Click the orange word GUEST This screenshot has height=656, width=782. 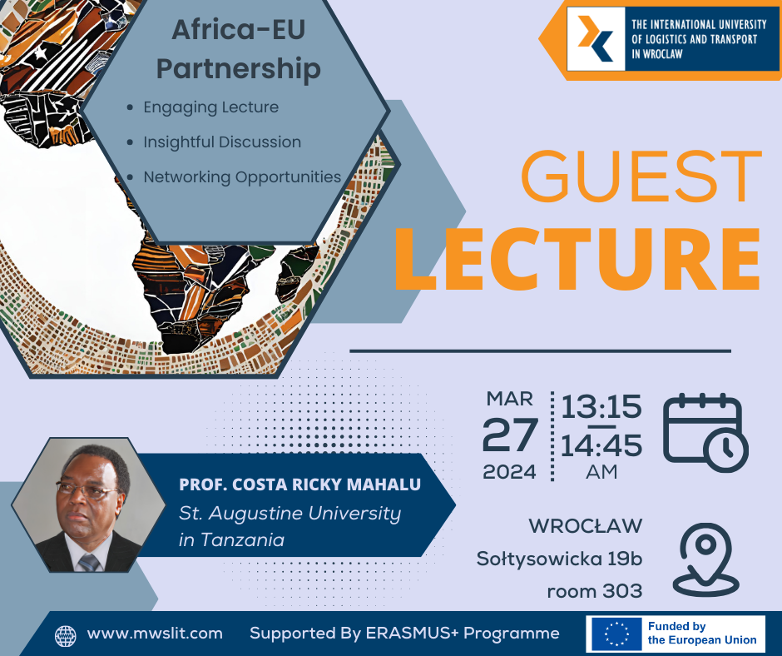pos(641,176)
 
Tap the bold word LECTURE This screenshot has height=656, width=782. pos(577,259)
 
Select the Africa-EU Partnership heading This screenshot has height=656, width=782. pos(239,49)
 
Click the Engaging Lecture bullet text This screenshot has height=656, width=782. pos(211,107)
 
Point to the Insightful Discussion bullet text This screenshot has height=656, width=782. pos(222,142)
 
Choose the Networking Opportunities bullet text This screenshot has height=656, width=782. pos(242,177)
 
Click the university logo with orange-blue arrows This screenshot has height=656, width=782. pos(596,38)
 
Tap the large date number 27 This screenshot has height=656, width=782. pos(510,435)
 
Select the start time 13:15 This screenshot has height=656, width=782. pos(601,406)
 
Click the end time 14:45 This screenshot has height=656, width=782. pos(601,445)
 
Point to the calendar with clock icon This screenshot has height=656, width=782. pos(705,432)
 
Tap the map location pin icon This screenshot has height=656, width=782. pos(705,559)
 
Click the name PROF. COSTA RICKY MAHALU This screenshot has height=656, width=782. pos(299,485)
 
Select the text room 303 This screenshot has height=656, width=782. pos(595,591)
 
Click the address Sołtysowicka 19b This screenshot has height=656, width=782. pos(559,559)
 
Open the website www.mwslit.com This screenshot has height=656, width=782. pos(155,634)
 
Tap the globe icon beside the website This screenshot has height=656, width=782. pos(66,636)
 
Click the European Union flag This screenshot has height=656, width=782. pos(616,634)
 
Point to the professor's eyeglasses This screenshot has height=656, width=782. pos(87,490)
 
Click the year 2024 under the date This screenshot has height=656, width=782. pos(509,472)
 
